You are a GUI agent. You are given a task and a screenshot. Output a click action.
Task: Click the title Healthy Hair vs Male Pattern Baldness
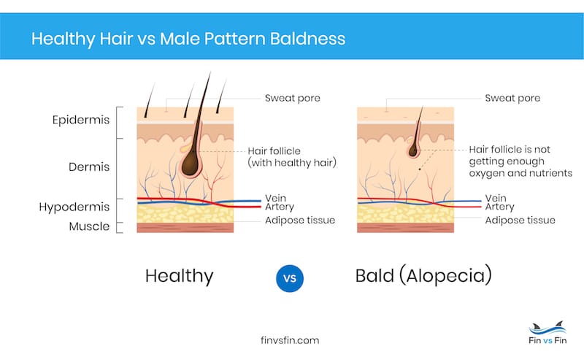tap(188, 37)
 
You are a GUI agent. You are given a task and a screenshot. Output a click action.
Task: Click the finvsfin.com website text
tap(290, 340)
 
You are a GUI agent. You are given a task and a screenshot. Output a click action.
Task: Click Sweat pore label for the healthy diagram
tap(292, 97)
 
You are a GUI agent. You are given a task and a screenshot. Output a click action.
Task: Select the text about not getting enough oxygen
tap(520, 161)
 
